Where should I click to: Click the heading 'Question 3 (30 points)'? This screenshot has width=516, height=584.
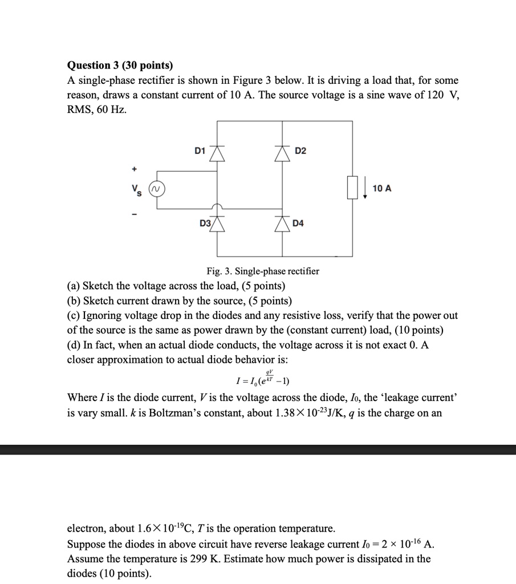[120, 66]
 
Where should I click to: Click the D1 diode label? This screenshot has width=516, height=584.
[200, 151]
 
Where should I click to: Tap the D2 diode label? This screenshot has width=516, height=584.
[300, 151]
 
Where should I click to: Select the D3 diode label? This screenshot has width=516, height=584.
[205, 224]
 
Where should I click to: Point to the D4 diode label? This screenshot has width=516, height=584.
[298, 224]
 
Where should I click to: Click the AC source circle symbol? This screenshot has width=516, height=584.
[157, 188]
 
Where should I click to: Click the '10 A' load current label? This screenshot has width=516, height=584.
[381, 188]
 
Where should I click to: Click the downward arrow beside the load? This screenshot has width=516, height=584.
[365, 188]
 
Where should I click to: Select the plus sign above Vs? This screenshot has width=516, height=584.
[135, 169]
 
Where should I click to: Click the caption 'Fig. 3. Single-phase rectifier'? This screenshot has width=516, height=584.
[262, 271]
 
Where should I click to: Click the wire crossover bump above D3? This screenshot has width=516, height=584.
[218, 206]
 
